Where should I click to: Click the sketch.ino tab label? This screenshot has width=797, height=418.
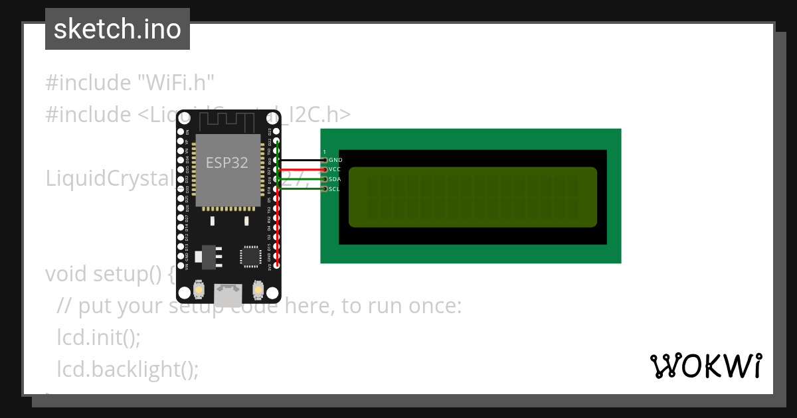[118, 29]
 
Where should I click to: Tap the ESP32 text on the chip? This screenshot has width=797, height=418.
[227, 163]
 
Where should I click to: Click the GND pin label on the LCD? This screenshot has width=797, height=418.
[335, 160]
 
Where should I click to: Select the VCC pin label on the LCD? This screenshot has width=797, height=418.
[335, 170]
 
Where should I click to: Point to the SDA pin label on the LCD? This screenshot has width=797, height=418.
[335, 179]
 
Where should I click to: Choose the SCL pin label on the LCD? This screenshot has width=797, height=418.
[335, 189]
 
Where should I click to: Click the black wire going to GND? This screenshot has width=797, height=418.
[302, 160]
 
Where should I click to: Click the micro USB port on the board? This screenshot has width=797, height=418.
[228, 293]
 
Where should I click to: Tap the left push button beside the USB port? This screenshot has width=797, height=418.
[199, 290]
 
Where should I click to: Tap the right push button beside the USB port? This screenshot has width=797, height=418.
[258, 290]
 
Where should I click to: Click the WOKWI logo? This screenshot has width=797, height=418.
[705, 366]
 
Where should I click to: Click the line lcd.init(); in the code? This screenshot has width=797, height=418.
[99, 337]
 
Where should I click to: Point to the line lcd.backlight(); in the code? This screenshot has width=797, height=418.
[128, 368]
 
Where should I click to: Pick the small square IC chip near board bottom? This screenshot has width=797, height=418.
[251, 256]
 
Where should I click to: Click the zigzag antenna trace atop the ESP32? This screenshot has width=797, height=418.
[228, 121]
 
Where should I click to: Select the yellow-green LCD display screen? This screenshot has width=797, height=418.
[472, 197]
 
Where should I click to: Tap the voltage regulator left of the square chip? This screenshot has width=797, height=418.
[208, 256]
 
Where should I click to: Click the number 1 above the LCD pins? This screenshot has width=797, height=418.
[324, 152]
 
